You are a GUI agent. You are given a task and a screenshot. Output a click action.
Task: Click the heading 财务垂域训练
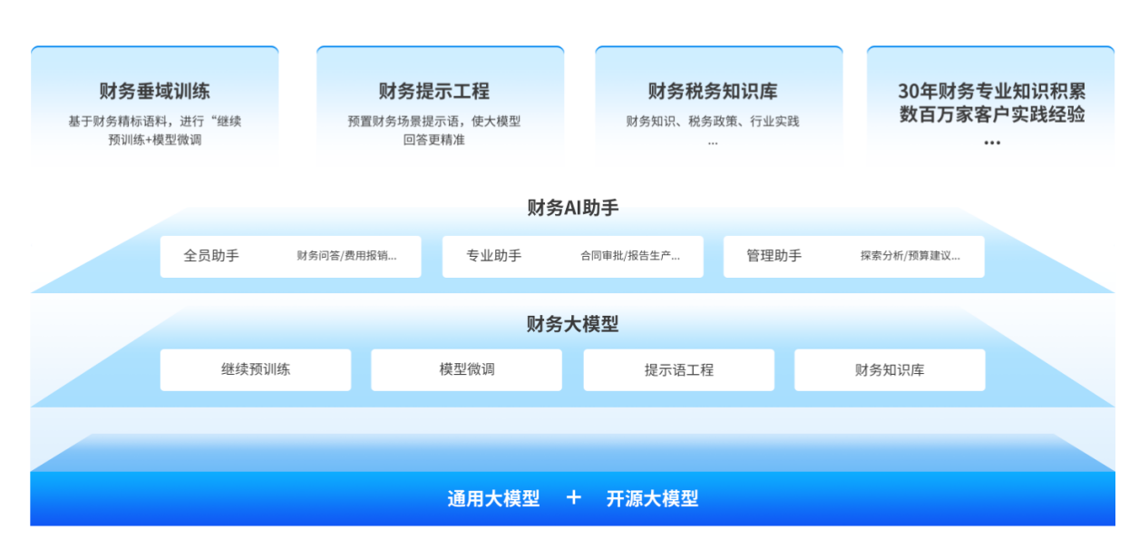click(154, 91)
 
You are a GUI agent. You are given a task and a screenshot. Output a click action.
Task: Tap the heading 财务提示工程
click(434, 91)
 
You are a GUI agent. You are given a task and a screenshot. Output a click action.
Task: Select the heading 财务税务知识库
click(713, 91)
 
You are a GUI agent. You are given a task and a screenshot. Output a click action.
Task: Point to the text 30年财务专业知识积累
click(992, 91)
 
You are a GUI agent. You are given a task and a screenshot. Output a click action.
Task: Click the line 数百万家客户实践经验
click(992, 113)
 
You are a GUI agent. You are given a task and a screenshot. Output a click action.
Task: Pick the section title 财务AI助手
click(573, 208)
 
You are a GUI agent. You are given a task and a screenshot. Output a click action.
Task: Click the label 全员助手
click(211, 256)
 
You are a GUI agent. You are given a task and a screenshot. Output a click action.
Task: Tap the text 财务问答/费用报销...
click(343, 256)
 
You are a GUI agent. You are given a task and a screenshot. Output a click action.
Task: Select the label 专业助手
click(493, 256)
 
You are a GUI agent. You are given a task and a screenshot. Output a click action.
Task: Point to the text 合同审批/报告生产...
click(627, 256)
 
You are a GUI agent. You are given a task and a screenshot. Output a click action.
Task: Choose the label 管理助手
click(773, 256)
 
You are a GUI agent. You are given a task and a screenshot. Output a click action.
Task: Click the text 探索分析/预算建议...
click(906, 256)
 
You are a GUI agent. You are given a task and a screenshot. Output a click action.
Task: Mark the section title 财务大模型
click(572, 324)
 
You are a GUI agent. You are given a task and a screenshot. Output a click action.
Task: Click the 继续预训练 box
click(256, 370)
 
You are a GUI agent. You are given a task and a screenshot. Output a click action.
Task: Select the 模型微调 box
click(466, 370)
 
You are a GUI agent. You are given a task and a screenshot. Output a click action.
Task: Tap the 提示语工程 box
click(679, 370)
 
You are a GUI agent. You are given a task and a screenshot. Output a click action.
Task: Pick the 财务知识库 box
click(890, 370)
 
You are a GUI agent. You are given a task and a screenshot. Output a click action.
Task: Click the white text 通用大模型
click(493, 498)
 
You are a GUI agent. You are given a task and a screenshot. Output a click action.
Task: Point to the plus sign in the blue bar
click(573, 497)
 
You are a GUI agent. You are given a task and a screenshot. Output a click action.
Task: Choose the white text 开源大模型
click(652, 498)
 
